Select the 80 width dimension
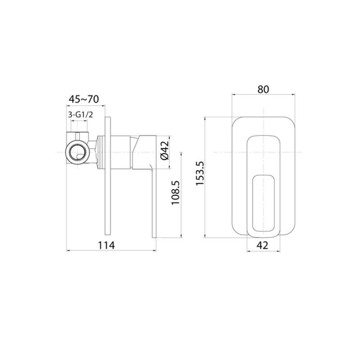263,89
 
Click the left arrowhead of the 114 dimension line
68,251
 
